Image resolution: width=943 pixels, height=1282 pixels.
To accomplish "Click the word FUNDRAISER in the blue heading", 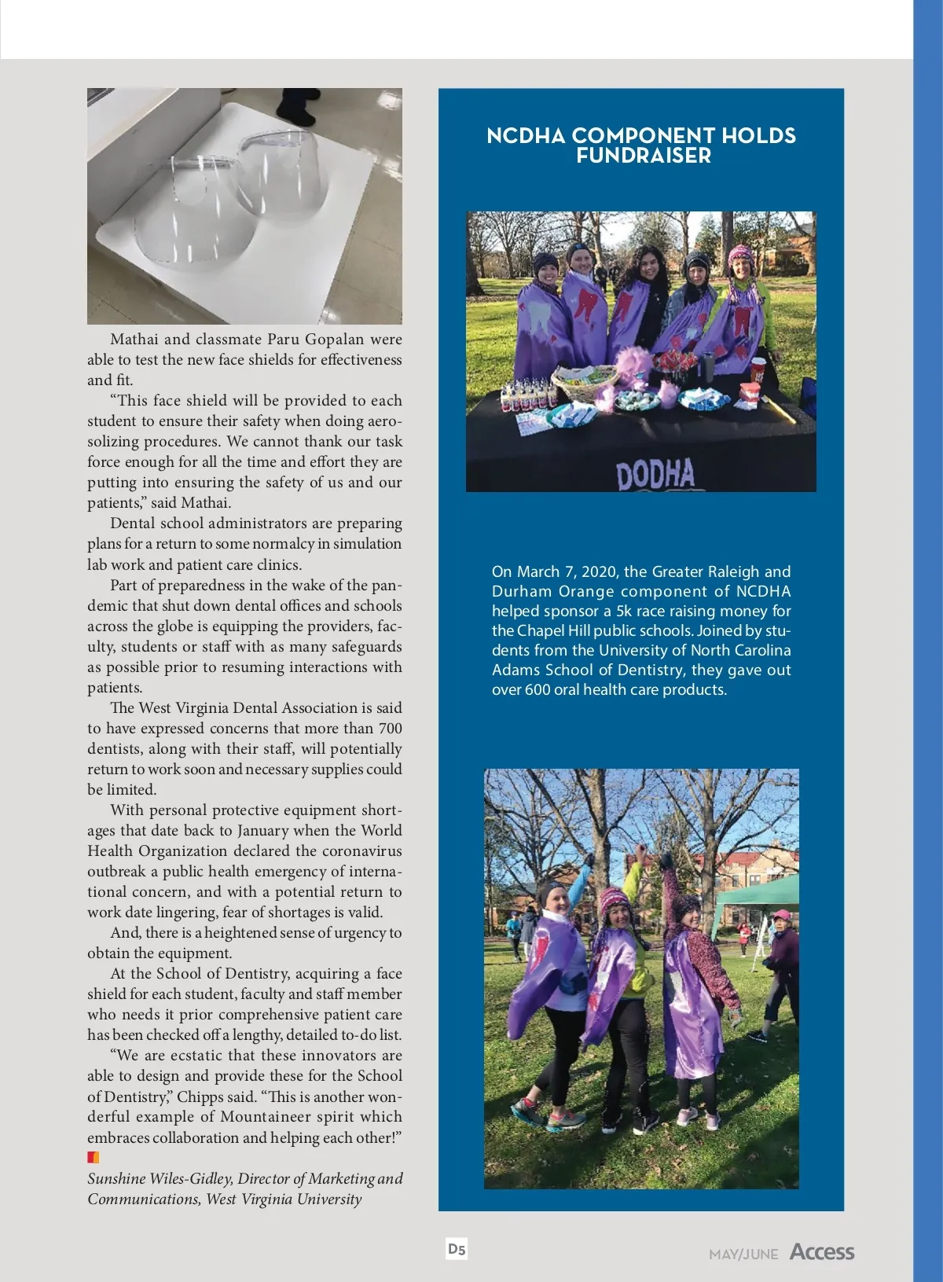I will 643,156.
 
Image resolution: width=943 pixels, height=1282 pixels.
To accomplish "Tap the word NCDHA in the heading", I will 526,136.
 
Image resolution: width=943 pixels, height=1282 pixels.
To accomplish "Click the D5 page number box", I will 457,1249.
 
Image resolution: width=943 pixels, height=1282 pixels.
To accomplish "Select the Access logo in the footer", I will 822,1252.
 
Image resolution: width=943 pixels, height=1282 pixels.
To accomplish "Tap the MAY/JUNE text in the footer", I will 743,1254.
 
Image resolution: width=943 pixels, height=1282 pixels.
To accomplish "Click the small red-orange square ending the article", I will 93,1157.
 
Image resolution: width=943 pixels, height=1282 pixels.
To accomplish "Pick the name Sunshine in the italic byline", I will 116,1178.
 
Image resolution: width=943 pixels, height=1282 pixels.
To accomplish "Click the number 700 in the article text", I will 390,729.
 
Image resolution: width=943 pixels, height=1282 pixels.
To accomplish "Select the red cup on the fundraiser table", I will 758,369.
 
